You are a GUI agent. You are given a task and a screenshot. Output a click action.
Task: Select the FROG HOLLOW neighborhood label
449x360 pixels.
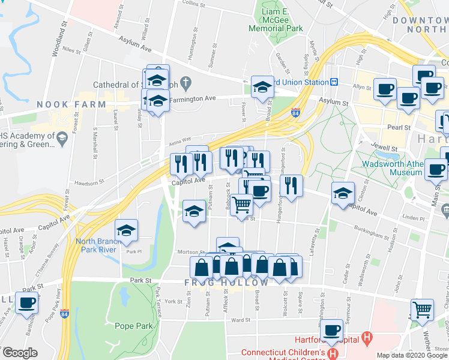[x=231, y=283]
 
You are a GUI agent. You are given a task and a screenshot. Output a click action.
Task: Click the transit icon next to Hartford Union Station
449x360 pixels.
[x=334, y=82]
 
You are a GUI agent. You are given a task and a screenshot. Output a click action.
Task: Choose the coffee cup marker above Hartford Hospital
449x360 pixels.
[x=331, y=329]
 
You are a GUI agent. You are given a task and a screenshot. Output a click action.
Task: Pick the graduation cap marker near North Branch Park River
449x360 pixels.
[x=126, y=230]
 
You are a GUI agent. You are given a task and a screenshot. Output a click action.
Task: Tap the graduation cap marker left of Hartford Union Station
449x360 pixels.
[x=262, y=88]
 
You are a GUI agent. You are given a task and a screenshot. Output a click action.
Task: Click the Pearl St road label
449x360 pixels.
[x=398, y=128]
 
